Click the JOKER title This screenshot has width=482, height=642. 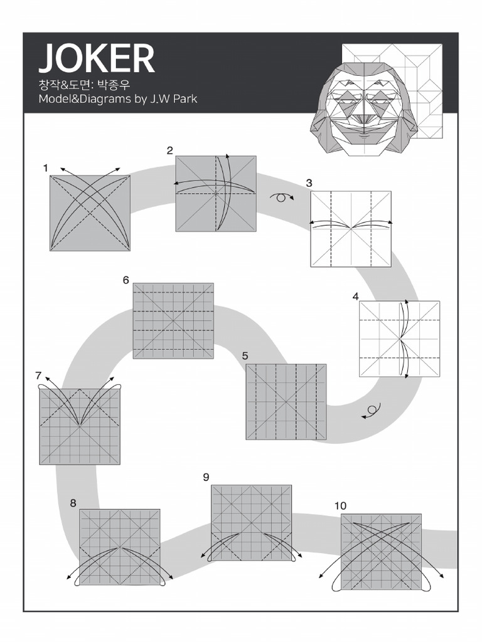(x=97, y=59)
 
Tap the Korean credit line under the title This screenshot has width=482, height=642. (x=87, y=84)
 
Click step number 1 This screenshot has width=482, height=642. (x=46, y=168)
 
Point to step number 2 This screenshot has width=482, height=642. (x=169, y=150)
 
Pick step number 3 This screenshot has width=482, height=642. (x=309, y=183)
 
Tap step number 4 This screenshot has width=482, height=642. (x=356, y=297)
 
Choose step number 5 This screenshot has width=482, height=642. (x=245, y=356)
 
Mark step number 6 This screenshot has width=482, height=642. (x=126, y=280)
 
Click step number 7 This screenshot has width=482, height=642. (x=38, y=376)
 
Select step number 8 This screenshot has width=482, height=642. (x=73, y=502)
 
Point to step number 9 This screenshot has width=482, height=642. (x=206, y=477)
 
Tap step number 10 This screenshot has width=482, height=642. (x=340, y=505)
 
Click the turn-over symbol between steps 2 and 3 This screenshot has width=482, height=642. (x=282, y=197)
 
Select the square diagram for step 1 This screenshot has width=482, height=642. (x=90, y=213)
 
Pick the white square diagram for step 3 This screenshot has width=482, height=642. (x=351, y=229)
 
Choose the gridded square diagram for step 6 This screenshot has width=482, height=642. (x=173, y=320)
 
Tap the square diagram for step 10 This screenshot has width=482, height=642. (x=381, y=552)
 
